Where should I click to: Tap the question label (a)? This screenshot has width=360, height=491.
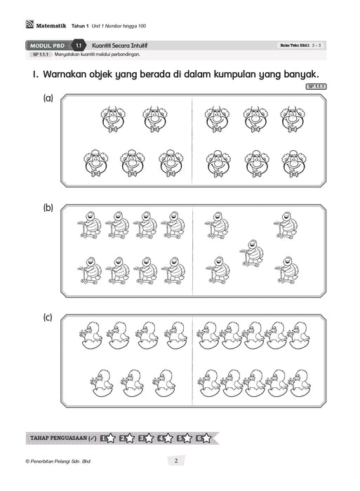48,99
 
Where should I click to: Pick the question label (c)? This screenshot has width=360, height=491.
48,318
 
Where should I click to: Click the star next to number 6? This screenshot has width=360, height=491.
206,438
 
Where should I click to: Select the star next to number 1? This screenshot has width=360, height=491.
111,438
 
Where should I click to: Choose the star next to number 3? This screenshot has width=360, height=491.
149,438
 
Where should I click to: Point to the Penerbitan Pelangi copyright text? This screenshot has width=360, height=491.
59,462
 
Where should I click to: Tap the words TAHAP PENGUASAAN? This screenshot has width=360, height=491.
58,438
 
